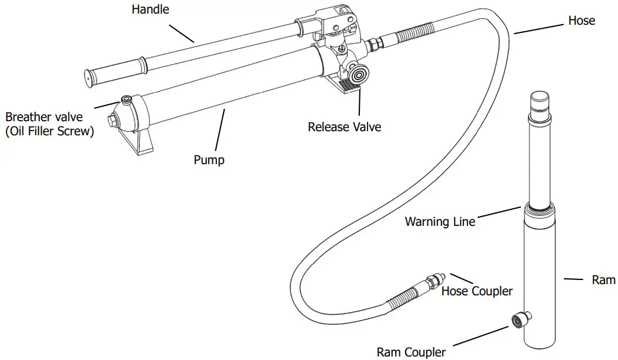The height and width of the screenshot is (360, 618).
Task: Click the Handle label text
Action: point(150,9)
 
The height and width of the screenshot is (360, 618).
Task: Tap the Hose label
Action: point(581,21)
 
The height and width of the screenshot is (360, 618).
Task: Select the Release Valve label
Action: point(344,127)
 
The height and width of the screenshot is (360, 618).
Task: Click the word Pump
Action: point(209,159)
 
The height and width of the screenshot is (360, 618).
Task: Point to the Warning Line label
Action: point(440,222)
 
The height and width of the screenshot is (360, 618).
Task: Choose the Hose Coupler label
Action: point(477,291)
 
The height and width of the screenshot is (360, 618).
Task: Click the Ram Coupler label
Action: point(411,352)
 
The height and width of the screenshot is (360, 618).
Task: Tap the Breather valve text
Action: point(44,118)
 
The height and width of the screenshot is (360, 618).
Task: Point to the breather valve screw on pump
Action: point(126,98)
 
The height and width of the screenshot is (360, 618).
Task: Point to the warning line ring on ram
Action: point(539,207)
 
